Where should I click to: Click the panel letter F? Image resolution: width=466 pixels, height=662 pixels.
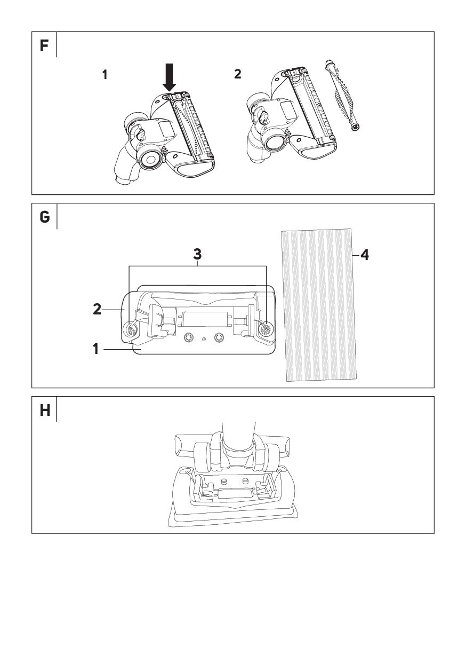(x=44, y=45)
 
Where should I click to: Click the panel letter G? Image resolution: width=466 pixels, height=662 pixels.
(x=44, y=217)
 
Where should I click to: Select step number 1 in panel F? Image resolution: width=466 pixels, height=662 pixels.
(x=105, y=75)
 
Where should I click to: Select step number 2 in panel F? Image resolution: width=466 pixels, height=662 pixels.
(x=237, y=74)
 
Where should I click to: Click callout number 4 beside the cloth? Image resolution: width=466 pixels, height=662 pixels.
(x=365, y=255)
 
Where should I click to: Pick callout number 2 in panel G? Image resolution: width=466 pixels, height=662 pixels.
(x=97, y=309)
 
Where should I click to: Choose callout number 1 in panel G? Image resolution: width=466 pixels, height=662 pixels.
(x=96, y=350)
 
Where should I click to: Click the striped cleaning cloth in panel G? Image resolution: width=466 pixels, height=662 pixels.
(x=318, y=304)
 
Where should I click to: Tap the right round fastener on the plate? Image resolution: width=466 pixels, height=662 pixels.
(x=263, y=329)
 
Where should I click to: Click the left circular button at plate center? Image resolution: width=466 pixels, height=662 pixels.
(x=188, y=338)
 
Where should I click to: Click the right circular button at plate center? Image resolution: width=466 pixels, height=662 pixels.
(x=218, y=338)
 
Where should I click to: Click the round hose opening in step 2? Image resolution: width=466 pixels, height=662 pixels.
(x=276, y=141)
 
